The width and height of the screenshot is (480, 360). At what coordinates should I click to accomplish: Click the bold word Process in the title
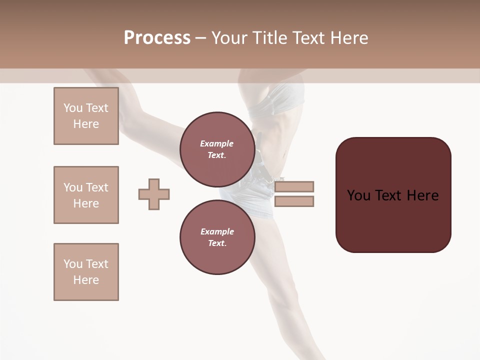coord(157,38)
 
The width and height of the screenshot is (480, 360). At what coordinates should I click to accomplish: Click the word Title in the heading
coord(268,38)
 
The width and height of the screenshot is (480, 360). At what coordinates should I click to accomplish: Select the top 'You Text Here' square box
coord(86,116)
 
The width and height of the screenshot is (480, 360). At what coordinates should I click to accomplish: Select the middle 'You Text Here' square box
coord(86,195)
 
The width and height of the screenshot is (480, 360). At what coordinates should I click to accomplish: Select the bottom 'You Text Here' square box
coord(86,272)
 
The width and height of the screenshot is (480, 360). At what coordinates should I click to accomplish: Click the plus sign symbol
coord(154,194)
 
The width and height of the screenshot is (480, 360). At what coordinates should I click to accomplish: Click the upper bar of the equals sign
coord(294,187)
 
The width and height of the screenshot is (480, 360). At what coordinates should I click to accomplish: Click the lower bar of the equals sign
coord(294,201)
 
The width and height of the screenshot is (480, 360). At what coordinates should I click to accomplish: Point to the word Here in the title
coord(348,38)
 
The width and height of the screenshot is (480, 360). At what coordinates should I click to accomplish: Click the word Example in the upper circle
coord(217,143)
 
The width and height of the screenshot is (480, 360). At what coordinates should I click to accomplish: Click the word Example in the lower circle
coord(217,231)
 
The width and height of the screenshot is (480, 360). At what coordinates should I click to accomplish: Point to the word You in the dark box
coord(359,195)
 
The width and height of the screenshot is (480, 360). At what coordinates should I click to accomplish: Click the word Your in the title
coord(228,38)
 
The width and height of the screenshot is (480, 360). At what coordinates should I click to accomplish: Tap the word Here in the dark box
coord(422,195)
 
